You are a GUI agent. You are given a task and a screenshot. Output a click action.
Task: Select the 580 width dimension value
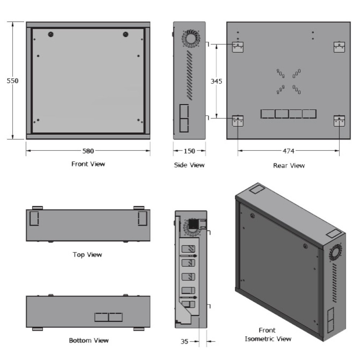point(88,151)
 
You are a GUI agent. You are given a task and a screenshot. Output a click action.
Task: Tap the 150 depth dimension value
point(189,151)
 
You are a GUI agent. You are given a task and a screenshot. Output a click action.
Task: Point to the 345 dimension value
point(216,81)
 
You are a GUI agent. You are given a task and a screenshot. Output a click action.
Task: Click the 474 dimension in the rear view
point(288,151)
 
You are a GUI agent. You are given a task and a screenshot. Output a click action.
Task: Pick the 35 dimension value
point(185,341)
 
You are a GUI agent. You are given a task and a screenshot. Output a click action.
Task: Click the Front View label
point(88,164)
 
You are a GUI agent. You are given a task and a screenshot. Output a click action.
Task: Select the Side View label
point(189,165)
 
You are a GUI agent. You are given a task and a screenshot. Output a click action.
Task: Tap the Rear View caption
point(289,166)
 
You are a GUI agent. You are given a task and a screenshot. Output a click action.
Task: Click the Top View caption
point(87,255)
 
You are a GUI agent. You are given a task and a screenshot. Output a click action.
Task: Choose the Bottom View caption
point(89,340)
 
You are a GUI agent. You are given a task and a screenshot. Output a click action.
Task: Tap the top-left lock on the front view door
point(51,35)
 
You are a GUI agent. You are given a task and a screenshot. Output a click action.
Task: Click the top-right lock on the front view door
point(125,35)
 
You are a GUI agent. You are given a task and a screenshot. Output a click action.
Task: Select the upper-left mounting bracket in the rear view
point(238,47)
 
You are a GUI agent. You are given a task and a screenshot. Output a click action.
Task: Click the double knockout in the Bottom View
point(108,317)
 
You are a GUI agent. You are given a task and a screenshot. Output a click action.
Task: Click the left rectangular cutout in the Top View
point(33,219)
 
